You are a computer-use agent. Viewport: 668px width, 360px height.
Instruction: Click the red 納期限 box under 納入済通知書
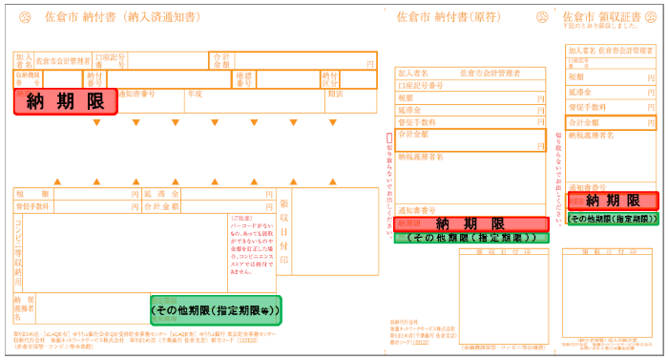(65, 102)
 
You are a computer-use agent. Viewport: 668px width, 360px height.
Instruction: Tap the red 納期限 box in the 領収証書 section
(613, 201)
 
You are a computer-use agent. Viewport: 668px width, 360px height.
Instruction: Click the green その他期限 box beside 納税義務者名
(216, 307)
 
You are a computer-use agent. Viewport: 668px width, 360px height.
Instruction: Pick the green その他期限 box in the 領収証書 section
(613, 219)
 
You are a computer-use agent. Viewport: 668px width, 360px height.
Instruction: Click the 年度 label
(195, 95)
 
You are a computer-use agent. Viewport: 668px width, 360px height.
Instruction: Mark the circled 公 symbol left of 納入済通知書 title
(25, 17)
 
